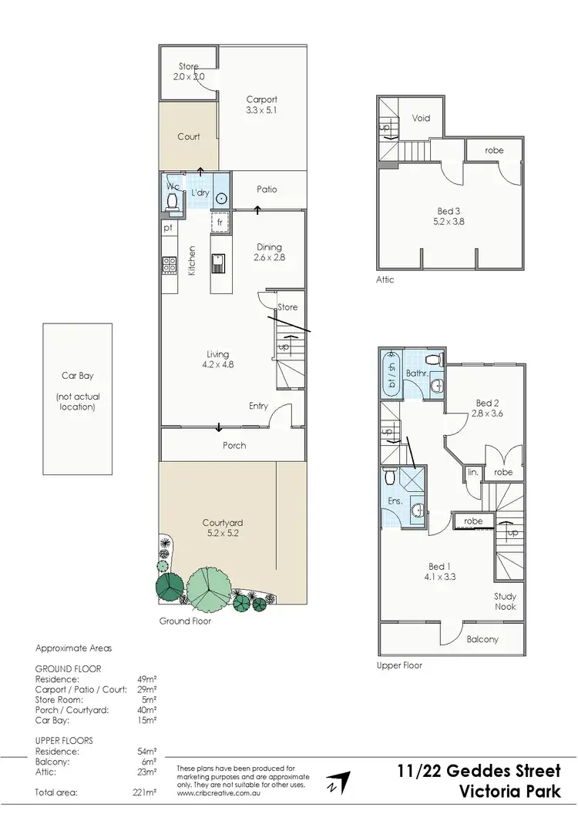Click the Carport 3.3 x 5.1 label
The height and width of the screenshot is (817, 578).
pyautogui.click(x=261, y=105)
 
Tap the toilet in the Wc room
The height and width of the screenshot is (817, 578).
pyautogui.click(x=172, y=200)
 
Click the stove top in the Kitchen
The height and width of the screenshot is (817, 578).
pyautogui.click(x=169, y=265)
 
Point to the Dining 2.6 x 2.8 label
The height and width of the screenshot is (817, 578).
pyautogui.click(x=269, y=253)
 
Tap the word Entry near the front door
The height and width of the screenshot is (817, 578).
pyautogui.click(x=258, y=406)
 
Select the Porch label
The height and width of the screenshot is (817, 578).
pyautogui.click(x=234, y=445)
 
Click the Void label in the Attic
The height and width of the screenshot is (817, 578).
pyautogui.click(x=421, y=119)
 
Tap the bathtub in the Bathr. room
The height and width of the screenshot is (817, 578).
pyautogui.click(x=391, y=374)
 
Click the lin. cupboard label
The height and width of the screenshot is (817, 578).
pyautogui.click(x=472, y=472)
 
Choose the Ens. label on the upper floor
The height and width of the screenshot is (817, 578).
pyautogui.click(x=395, y=501)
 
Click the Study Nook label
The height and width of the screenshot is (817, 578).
pyautogui.click(x=506, y=601)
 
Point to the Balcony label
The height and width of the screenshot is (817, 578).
pyautogui.click(x=482, y=639)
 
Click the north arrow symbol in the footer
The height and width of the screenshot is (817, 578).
pyautogui.click(x=337, y=781)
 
